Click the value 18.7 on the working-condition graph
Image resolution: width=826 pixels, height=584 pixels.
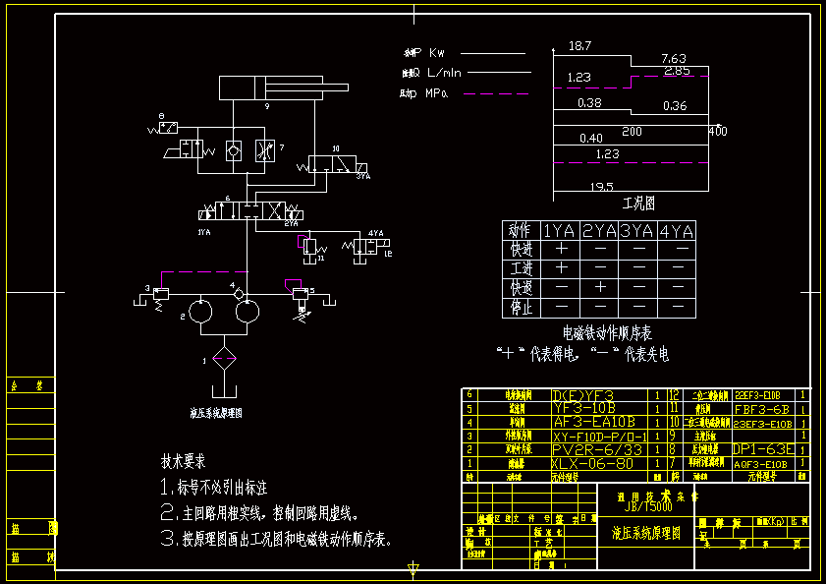coord(579,45)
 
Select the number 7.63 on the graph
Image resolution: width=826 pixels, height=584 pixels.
coord(674,58)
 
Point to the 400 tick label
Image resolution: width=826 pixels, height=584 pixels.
coord(717,131)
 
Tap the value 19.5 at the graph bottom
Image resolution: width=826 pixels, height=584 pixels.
coord(601,186)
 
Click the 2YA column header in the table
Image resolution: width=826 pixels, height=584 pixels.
coord(598,231)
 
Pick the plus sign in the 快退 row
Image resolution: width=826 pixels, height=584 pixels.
coord(598,288)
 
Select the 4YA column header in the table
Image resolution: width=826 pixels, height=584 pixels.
coord(676,231)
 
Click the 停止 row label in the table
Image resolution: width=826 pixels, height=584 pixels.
coord(520,308)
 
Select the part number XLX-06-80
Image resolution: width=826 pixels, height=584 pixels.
coord(593,463)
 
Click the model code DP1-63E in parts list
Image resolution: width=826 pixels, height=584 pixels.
coord(764,449)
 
